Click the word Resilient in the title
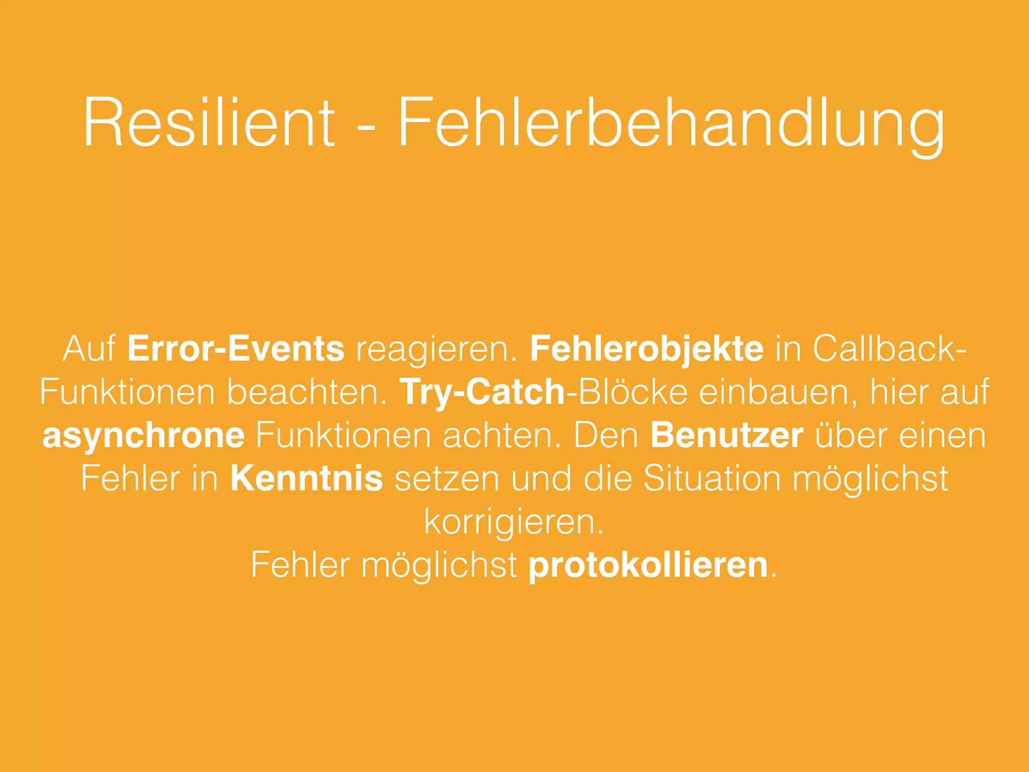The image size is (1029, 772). [209, 123]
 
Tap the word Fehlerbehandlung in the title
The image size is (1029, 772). [671, 126]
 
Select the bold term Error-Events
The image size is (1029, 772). [236, 348]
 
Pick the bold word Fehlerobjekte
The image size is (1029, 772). [647, 348]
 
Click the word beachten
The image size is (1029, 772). [307, 392]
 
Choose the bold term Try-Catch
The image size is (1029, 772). [482, 392]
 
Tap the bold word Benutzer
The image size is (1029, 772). [727, 435]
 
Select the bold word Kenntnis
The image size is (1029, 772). [306, 478]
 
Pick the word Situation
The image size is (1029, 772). [712, 478]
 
